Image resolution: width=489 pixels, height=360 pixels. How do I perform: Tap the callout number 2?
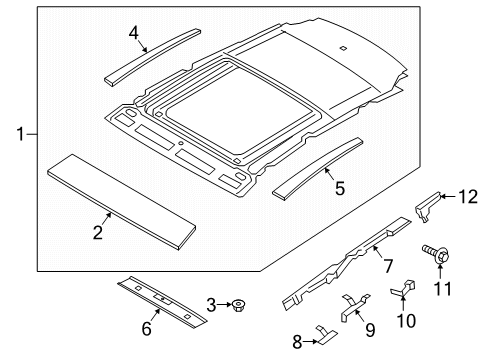click(x=98, y=234)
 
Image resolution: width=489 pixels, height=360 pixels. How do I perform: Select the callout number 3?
click(x=212, y=304)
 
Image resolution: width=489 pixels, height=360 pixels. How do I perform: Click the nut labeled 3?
click(x=240, y=304)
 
